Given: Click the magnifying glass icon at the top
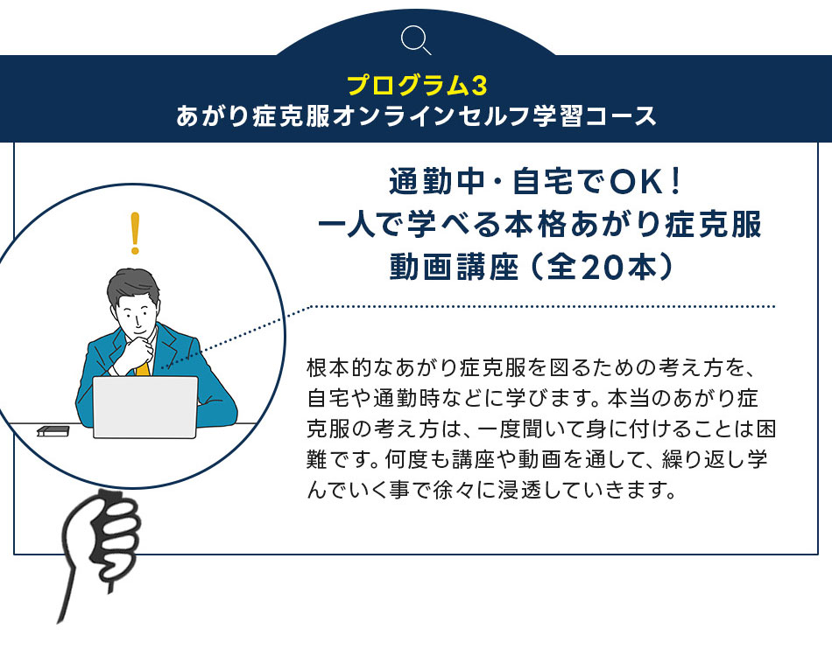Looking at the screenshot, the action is (415, 40).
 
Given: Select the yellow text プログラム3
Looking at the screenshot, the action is (417, 86).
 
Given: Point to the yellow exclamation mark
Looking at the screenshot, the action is (135, 234).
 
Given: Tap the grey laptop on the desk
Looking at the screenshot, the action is (145, 407).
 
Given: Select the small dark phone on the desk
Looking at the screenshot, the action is (53, 431).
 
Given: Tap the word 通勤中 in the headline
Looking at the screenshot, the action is (437, 181).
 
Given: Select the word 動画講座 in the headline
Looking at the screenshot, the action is (454, 267).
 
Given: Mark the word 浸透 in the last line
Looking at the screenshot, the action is (530, 490).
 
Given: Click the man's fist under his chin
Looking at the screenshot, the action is (139, 350).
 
